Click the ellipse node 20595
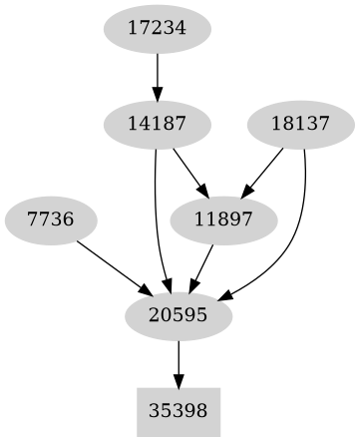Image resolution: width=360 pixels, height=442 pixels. [179, 315]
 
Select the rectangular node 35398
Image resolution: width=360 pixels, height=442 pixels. [179, 410]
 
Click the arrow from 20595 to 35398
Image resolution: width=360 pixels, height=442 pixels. [179, 362]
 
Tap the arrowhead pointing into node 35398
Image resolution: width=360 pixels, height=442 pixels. [179, 382]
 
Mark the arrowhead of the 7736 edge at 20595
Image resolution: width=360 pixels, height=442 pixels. [146, 290]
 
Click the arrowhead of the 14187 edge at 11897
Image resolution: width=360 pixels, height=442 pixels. [200, 194]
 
